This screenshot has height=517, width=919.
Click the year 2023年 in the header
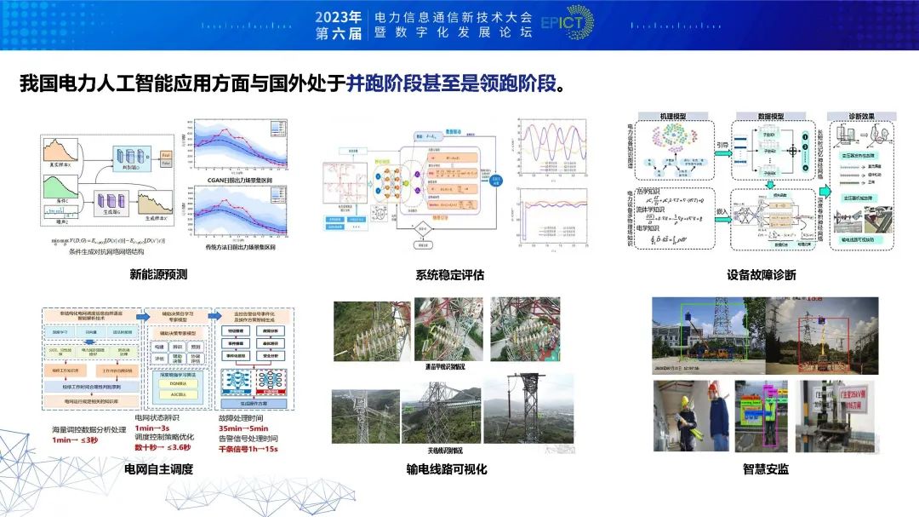(339, 16)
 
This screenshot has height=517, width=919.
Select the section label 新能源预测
(158, 274)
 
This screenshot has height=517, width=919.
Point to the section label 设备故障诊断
(762, 274)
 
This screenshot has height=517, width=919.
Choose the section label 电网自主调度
(158, 468)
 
